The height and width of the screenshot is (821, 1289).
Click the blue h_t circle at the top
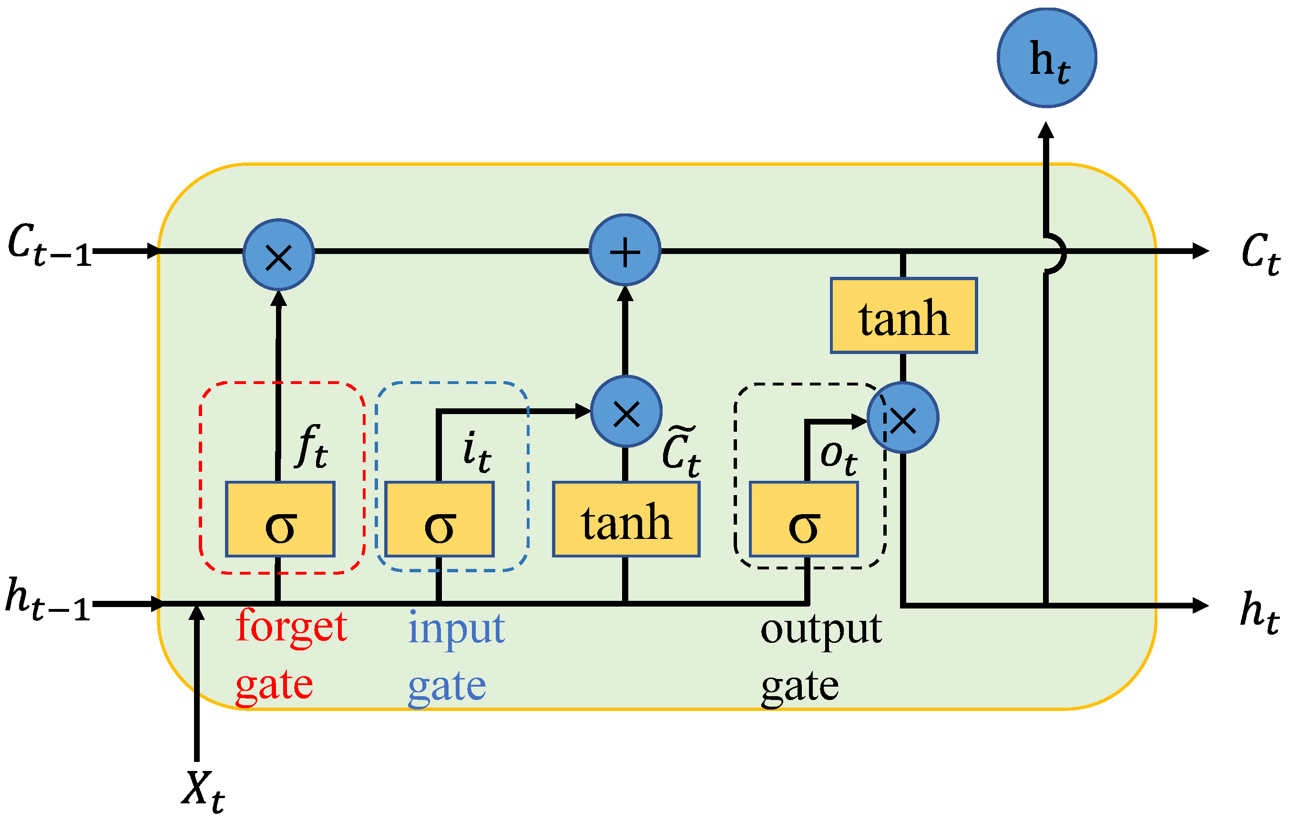pos(1046,58)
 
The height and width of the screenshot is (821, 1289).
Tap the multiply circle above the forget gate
pos(278,255)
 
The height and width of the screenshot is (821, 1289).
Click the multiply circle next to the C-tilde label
pos(626,411)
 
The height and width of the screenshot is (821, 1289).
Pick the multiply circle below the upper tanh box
pos(903,417)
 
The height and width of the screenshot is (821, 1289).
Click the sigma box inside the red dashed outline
pos(280,519)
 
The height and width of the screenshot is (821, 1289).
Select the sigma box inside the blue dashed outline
pos(440,519)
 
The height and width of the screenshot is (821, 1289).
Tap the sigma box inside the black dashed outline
pos(804,519)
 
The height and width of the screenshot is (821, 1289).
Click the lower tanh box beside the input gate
pos(626,519)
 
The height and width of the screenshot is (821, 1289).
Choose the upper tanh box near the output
pos(903,316)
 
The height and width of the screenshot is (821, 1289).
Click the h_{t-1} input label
pos(47,599)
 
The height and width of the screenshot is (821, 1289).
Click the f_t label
pos(312,447)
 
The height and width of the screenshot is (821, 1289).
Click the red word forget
pos(291,626)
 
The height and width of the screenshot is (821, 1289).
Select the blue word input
pos(456,629)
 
